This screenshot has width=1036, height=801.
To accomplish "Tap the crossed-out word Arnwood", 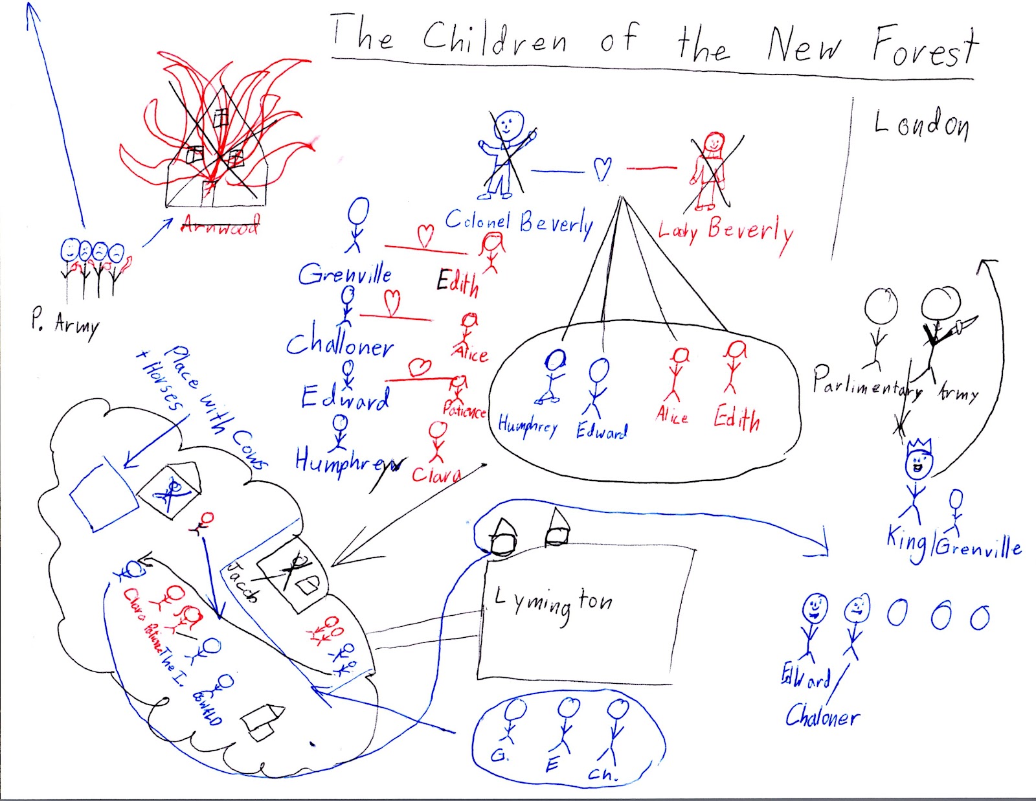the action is pyautogui.click(x=220, y=225).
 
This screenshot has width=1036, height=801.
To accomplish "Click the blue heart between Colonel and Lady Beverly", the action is pyautogui.click(x=603, y=170).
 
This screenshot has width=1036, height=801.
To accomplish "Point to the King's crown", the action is pyautogui.click(x=919, y=447).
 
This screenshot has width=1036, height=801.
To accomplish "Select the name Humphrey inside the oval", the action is pyautogui.click(x=528, y=426).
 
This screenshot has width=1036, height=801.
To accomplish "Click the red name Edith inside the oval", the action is pyautogui.click(x=737, y=418).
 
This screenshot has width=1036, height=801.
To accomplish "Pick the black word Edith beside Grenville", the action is pyautogui.click(x=457, y=282).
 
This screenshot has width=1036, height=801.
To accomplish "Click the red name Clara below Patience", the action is pyautogui.click(x=436, y=475).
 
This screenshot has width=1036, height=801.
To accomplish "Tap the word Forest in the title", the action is pyautogui.click(x=925, y=47).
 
